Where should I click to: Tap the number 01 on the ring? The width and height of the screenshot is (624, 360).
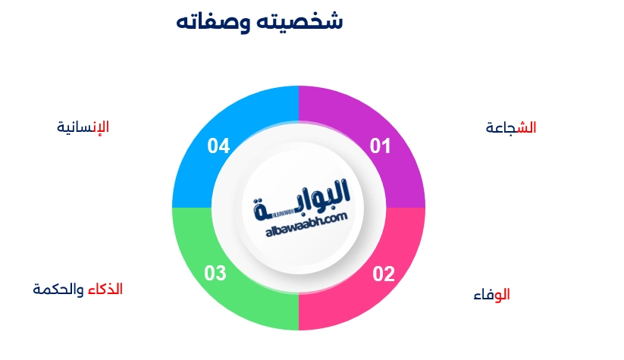pos(380,146)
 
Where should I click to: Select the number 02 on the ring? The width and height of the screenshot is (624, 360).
pos(384,274)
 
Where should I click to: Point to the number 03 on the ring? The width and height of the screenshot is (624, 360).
pos(216,274)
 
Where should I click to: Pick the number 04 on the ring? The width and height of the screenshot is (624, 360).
pos(218,145)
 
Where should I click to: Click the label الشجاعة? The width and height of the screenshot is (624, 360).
pos(511,128)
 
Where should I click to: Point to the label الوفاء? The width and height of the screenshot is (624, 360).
pos(491,295)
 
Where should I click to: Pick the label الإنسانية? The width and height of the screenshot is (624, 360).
pos(83,127)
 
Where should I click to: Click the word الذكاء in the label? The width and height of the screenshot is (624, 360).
pos(105,290)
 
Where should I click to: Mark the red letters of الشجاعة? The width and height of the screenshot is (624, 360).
pos(525,128)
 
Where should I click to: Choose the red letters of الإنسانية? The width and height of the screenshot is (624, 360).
pos(99,127)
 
